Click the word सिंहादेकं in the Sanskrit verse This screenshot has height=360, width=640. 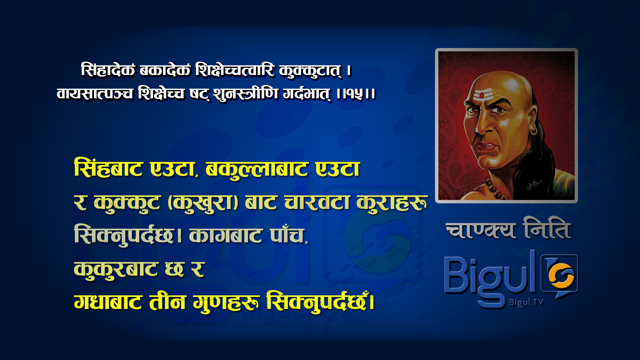tap(108, 70)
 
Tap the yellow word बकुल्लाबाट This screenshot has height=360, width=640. tap(256, 169)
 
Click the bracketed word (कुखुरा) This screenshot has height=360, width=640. tap(203, 203)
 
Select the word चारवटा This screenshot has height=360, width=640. tap(317, 202)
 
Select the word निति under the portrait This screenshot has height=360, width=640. tap(547, 228)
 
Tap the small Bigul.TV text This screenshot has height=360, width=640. tap(526, 302)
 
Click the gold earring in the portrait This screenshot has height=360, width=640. tap(534, 130)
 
